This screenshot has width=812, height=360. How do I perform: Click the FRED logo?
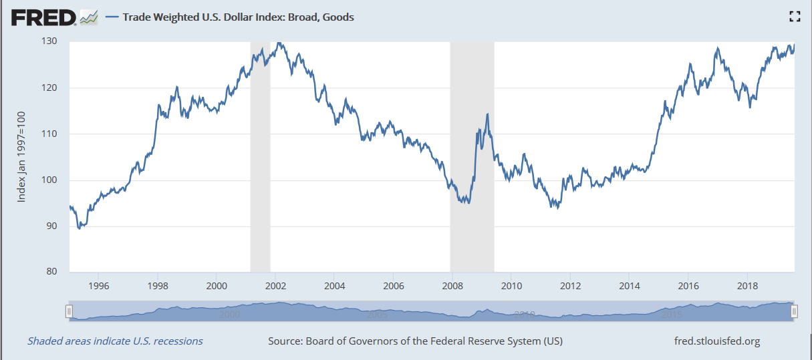(x=43, y=17)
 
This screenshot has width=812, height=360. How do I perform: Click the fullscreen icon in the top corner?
(x=795, y=17)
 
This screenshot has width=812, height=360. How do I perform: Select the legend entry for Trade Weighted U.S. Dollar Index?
(x=237, y=17)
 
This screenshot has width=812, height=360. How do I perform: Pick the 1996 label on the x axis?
(x=98, y=286)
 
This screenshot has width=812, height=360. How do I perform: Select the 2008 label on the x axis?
(x=452, y=286)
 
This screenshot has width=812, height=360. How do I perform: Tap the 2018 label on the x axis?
(x=747, y=286)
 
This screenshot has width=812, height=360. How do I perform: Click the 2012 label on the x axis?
(x=570, y=286)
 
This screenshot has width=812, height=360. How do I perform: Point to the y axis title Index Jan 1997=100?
(x=21, y=157)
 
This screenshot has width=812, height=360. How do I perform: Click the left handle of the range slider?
(x=68, y=311)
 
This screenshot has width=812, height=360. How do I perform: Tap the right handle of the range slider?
(x=794, y=311)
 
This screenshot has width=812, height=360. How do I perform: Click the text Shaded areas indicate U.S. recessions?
(x=115, y=341)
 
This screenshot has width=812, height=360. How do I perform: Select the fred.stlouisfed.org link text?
(x=718, y=341)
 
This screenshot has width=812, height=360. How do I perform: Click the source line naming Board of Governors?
(x=415, y=341)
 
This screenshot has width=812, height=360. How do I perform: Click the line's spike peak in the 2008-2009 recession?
(x=487, y=114)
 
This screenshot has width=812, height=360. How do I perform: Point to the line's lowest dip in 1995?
(x=80, y=228)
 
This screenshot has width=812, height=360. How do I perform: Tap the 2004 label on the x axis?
(x=334, y=286)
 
